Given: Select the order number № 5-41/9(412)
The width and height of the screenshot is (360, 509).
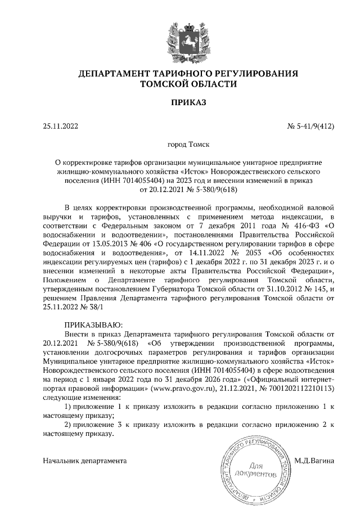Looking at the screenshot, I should (311, 127).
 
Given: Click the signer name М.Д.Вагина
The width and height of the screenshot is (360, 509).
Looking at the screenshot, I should (314, 461).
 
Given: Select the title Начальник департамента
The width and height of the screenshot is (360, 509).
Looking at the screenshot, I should (85, 461).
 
